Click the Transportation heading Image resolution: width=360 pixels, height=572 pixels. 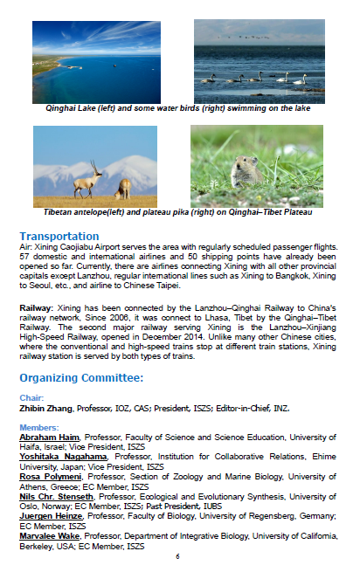coord(59,237)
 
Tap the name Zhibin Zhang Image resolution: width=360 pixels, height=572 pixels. coord(47,408)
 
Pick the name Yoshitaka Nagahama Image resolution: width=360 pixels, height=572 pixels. coord(66,456)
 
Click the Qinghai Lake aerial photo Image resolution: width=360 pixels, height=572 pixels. coord(96,61)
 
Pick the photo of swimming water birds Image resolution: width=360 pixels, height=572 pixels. coord(259,61)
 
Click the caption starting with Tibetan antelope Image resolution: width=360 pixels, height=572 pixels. coord(178,212)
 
